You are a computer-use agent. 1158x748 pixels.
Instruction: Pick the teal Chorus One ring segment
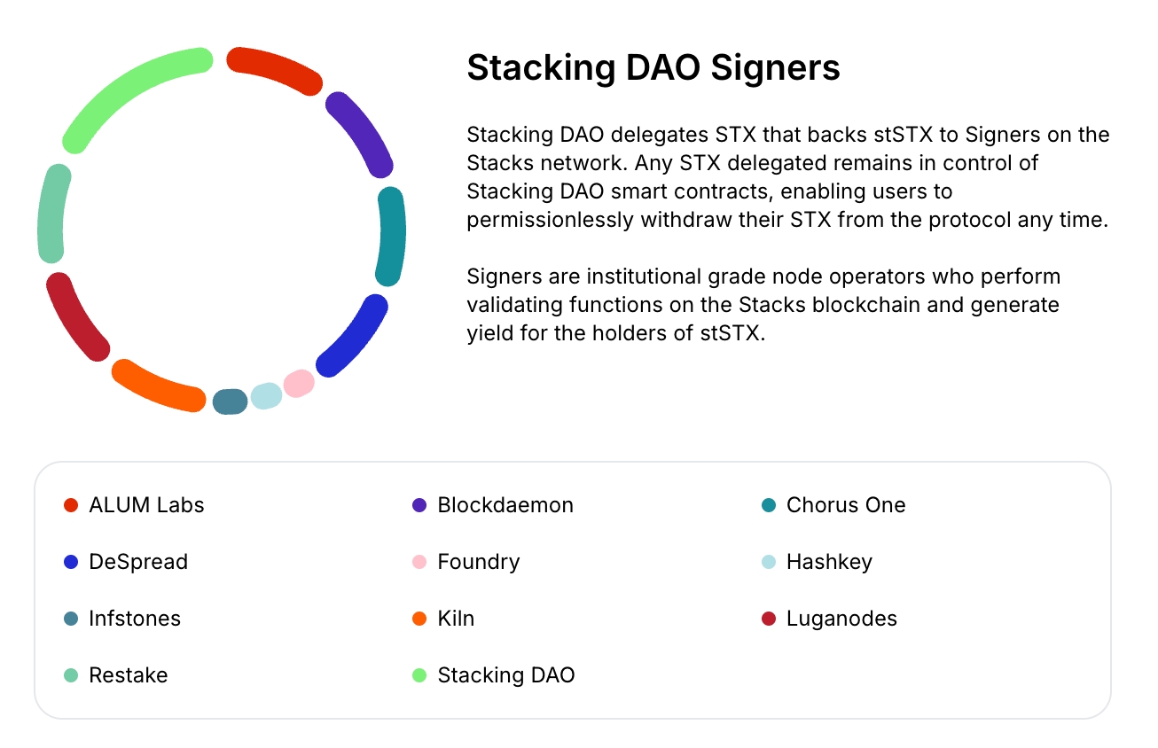coord(391,236)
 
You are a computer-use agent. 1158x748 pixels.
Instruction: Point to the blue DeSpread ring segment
coord(356,338)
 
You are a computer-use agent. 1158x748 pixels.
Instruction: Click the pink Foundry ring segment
coord(299,384)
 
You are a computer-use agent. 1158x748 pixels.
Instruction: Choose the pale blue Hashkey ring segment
coord(266,395)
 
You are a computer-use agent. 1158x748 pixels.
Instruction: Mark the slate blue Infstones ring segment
coord(230,401)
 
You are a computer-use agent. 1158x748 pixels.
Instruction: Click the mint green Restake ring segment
coord(52,214)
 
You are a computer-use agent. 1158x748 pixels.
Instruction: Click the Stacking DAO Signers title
coord(653,67)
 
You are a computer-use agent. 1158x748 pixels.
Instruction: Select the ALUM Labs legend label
coord(146,505)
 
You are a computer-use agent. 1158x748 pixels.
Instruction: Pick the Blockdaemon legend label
coord(505,505)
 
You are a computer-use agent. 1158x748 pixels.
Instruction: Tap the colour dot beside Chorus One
coord(769,505)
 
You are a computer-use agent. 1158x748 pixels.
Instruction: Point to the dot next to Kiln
coord(420,619)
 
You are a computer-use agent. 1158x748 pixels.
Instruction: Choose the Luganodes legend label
coord(841,619)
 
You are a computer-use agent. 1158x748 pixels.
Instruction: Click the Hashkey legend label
coord(829,562)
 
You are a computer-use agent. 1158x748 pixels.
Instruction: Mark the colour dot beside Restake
coord(72,675)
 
